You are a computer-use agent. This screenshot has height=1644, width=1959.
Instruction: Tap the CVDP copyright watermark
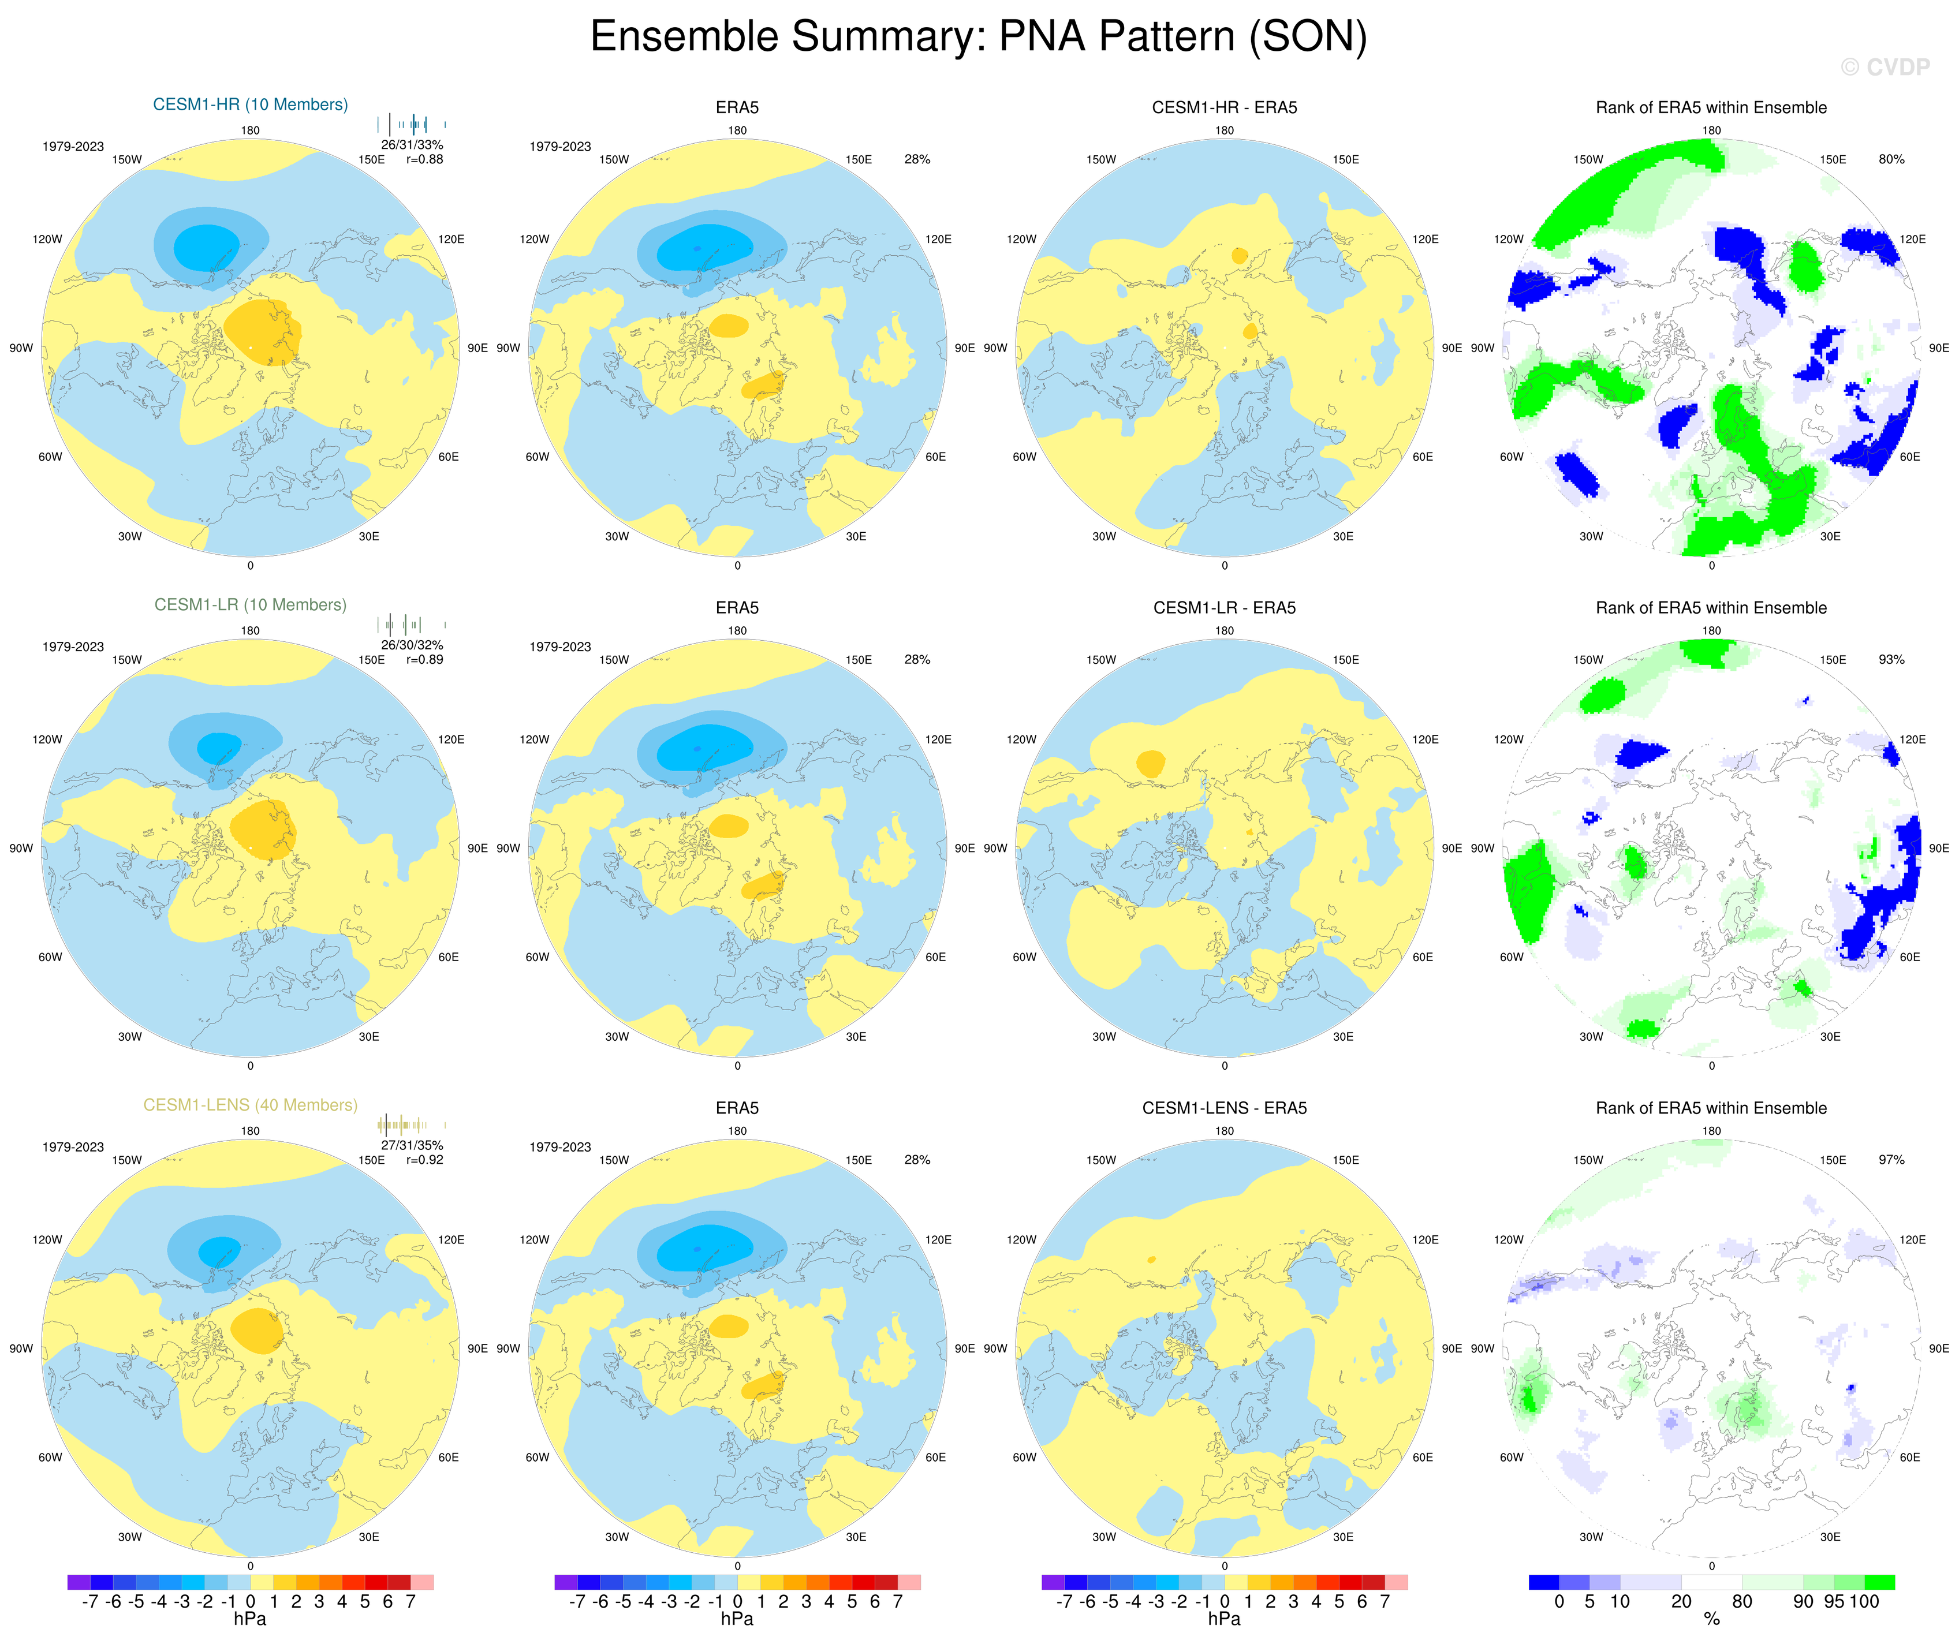[x=1885, y=67]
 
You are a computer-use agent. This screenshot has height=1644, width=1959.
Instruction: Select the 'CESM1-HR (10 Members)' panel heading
[x=250, y=104]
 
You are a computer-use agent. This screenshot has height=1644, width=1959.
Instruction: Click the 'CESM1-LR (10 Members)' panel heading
[x=250, y=604]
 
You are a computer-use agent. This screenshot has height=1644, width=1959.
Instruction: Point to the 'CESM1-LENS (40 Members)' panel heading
[x=250, y=1105]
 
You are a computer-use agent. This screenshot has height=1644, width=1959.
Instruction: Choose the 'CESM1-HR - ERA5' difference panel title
[x=1224, y=107]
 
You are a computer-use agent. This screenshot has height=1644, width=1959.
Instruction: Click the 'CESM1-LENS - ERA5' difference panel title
[x=1224, y=1108]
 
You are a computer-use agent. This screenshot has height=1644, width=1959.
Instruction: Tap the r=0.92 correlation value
[x=424, y=1160]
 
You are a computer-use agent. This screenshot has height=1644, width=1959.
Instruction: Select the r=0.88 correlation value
[x=424, y=159]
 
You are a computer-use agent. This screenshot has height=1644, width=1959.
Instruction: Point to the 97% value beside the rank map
[x=1891, y=1160]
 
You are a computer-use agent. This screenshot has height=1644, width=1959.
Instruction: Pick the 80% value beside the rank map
[x=1891, y=159]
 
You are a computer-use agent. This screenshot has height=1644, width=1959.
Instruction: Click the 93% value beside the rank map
[x=1891, y=659]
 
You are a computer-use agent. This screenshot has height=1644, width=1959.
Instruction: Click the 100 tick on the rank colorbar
[x=1864, y=1602]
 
